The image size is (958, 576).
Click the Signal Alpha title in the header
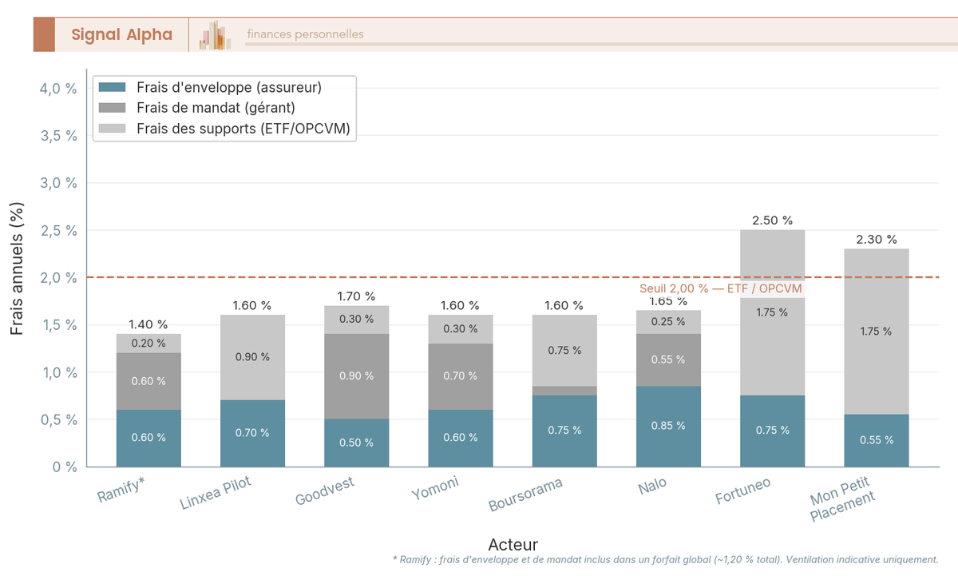121,34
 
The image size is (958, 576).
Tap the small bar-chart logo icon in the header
215,35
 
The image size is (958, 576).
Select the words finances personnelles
305,34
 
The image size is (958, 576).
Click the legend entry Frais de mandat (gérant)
216,107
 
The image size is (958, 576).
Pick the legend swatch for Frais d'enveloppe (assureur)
112,87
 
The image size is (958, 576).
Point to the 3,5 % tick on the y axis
58,136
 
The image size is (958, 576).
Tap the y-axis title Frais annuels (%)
18,268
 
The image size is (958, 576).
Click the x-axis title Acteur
513,544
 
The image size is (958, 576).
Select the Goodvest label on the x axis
325,491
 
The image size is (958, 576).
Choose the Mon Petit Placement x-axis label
841,499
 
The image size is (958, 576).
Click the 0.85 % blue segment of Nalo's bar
668,426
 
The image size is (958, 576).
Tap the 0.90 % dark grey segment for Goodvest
356,375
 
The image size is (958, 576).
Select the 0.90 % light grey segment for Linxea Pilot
252,357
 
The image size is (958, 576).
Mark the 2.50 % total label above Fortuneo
772,220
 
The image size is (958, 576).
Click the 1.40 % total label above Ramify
148,324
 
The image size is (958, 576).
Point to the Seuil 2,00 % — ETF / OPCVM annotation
721,288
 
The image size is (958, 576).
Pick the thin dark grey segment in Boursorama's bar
564,391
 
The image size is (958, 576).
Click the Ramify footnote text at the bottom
665,560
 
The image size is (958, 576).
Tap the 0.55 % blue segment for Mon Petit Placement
876,439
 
